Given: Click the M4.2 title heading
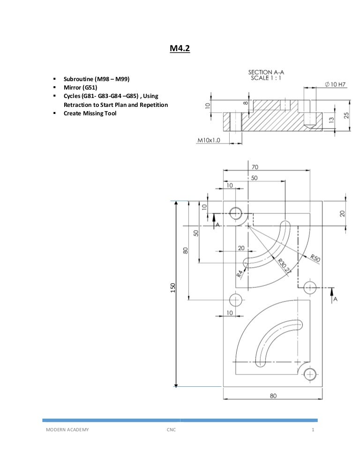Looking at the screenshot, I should coord(180,48).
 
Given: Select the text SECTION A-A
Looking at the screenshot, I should coord(266,72).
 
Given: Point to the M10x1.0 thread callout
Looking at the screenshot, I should coord(209,140).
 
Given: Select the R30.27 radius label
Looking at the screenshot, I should coord(284,266).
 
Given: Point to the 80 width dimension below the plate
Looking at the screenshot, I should coord(273,396).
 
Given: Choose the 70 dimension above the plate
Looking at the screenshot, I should coord(255,167).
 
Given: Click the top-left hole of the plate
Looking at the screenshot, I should coord(235,214).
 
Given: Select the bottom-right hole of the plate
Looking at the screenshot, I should coord(309,374).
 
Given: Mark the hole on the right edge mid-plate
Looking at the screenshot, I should coord(310,287).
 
